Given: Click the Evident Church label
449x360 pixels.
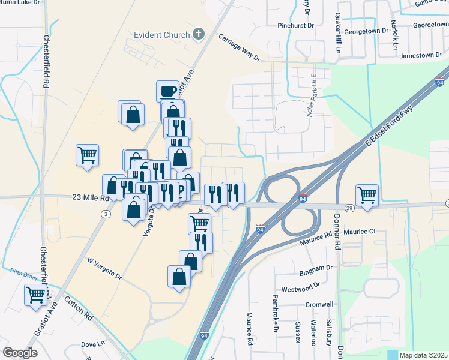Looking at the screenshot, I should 162,35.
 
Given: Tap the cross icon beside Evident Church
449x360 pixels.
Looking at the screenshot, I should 199,35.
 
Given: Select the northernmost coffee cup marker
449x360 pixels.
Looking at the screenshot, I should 167,92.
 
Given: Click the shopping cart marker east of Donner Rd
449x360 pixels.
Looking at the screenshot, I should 367,195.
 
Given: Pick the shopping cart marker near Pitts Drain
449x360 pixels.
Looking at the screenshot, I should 36,295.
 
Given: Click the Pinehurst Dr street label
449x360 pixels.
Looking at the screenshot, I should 296,26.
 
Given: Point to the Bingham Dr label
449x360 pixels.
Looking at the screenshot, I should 318,268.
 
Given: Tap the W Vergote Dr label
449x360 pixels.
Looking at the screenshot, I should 104,269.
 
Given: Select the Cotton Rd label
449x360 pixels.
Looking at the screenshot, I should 78,307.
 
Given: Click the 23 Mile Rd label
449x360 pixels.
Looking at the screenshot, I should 90,197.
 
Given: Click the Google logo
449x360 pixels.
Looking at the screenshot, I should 20,353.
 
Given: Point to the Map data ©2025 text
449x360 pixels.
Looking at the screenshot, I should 423,355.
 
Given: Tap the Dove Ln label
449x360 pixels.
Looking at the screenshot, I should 92,344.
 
